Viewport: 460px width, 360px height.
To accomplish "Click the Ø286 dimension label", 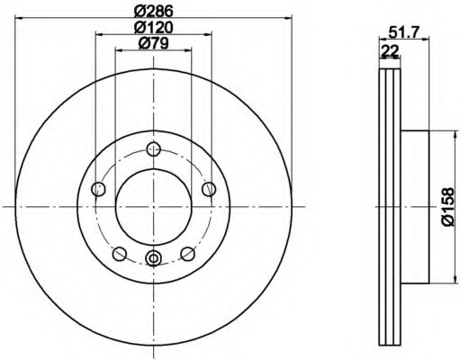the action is click(153, 11).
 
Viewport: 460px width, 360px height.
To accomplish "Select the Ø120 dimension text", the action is click(153, 28).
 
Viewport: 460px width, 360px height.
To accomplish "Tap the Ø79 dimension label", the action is click(153, 44).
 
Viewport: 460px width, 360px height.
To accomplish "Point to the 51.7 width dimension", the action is click(403, 31).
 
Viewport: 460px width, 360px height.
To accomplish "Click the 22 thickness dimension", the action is click(390, 50).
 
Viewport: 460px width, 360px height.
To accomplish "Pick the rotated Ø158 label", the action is click(447, 207).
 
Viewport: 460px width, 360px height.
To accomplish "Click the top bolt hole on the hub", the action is click(153, 148).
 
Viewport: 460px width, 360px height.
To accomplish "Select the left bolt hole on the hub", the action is click(98, 189).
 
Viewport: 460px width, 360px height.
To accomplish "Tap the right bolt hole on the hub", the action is click(209, 189).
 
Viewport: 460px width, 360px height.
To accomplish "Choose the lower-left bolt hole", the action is click(120, 254).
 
